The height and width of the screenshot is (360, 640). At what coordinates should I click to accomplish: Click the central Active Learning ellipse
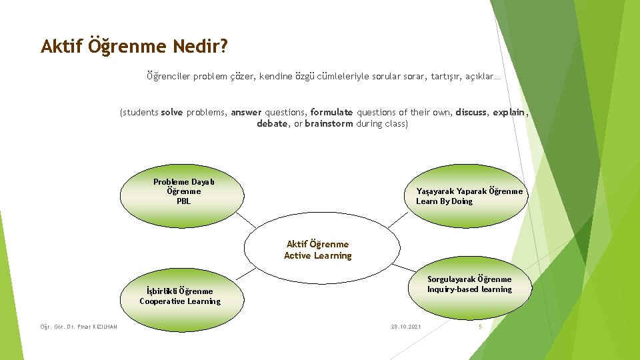click(317, 248)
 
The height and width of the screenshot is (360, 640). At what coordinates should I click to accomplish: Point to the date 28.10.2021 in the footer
click(405, 327)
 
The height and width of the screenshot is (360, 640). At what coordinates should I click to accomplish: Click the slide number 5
click(479, 327)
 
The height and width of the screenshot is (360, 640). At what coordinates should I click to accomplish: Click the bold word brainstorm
click(329, 124)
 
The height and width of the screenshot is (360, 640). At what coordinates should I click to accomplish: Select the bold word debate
click(272, 124)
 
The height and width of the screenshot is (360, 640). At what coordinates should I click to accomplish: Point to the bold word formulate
click(331, 113)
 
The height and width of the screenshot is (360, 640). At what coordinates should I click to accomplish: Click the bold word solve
click(172, 113)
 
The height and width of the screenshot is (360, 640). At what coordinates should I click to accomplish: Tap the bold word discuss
click(471, 113)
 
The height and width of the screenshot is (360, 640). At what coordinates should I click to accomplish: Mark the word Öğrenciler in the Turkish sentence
click(168, 77)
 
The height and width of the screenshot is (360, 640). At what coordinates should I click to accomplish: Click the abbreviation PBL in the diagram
click(183, 201)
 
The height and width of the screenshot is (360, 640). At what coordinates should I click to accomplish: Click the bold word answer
click(247, 113)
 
